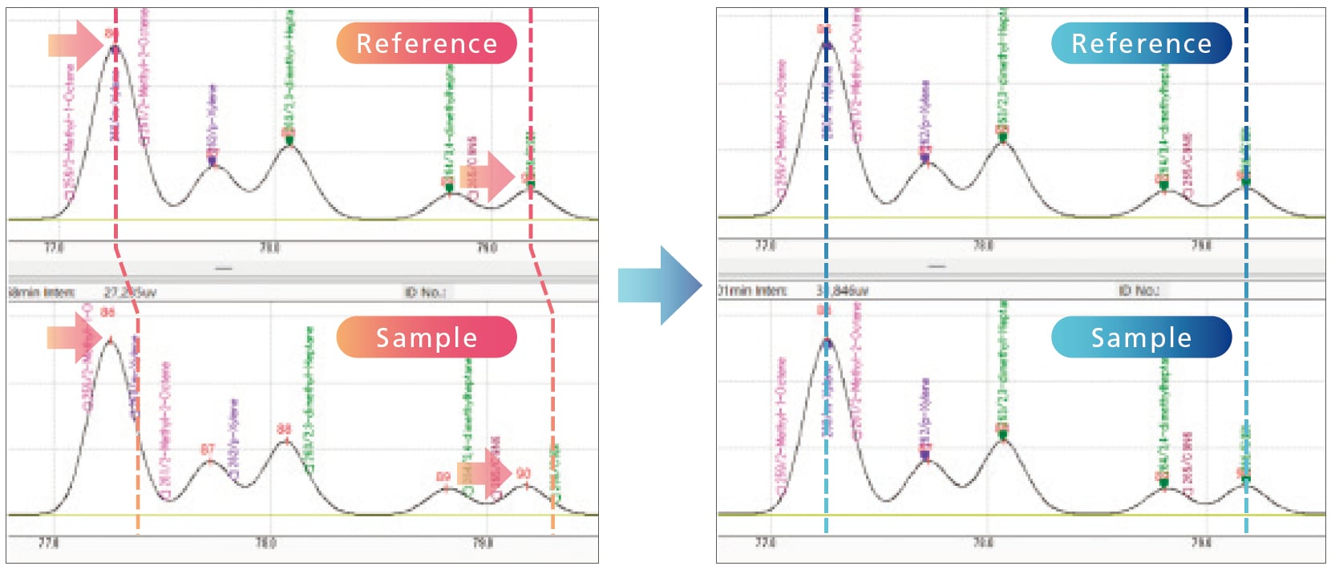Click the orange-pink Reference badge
[x=427, y=43]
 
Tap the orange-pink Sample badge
[x=427, y=338]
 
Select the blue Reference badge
[x=1141, y=43]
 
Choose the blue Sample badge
[x=1141, y=338]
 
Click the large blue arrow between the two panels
[x=659, y=285]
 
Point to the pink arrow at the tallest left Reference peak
[x=76, y=45]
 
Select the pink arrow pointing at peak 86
[x=75, y=338]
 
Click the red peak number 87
[x=208, y=450]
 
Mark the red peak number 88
[x=284, y=430]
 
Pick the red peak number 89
[x=443, y=477]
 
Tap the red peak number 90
[x=524, y=474]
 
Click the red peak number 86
[x=108, y=313]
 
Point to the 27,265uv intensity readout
[x=130, y=293]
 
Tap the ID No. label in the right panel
[x=1139, y=290]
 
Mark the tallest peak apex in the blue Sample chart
[x=827, y=342]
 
